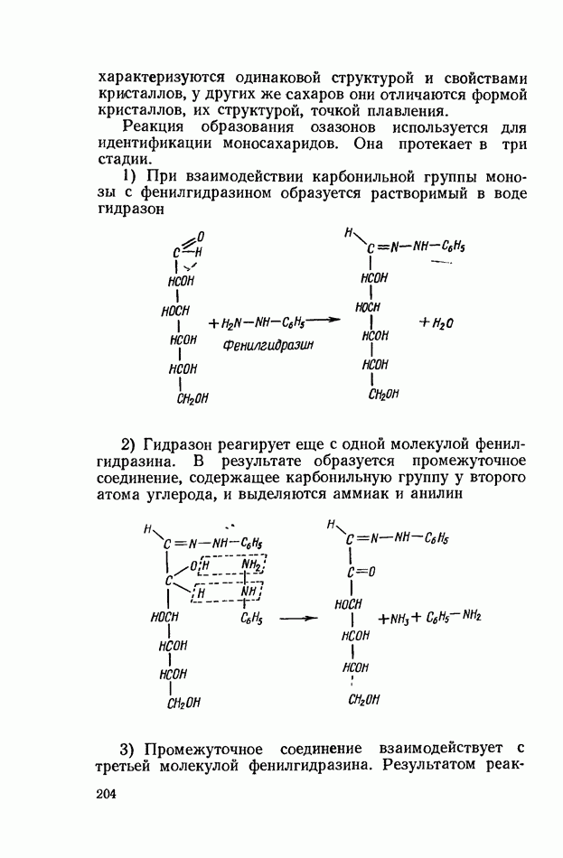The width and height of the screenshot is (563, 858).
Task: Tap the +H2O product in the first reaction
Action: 437,322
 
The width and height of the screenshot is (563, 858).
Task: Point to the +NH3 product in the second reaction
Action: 395,619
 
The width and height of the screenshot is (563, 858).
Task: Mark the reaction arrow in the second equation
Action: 298,619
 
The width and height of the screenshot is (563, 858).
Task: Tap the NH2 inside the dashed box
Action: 250,566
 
